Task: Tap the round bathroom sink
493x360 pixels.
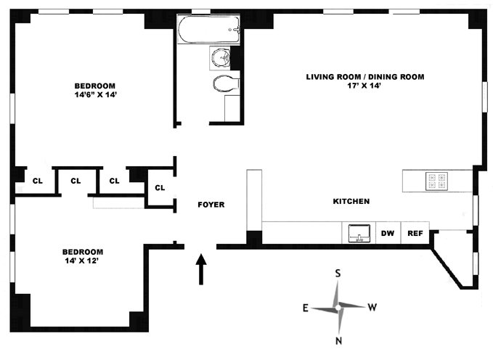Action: [x=220, y=57]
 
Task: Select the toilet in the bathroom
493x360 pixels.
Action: [x=224, y=85]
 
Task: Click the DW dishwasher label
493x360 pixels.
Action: [x=388, y=234]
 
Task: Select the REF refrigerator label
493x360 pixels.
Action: [x=415, y=234]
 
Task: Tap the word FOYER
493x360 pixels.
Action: [x=211, y=205]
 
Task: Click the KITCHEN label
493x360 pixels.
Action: [x=351, y=201]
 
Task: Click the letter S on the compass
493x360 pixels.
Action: [x=338, y=274]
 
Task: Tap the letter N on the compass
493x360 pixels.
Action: [x=338, y=340]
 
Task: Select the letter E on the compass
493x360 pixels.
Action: [x=306, y=308]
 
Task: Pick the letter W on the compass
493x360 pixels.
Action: [x=372, y=308]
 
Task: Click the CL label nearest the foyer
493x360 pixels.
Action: [x=160, y=188]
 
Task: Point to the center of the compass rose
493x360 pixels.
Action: [x=338, y=306]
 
